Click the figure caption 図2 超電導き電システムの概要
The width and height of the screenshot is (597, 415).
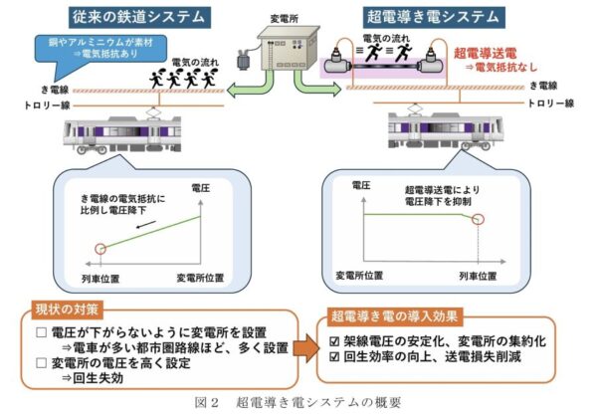pyautogui.click(x=298, y=403)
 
